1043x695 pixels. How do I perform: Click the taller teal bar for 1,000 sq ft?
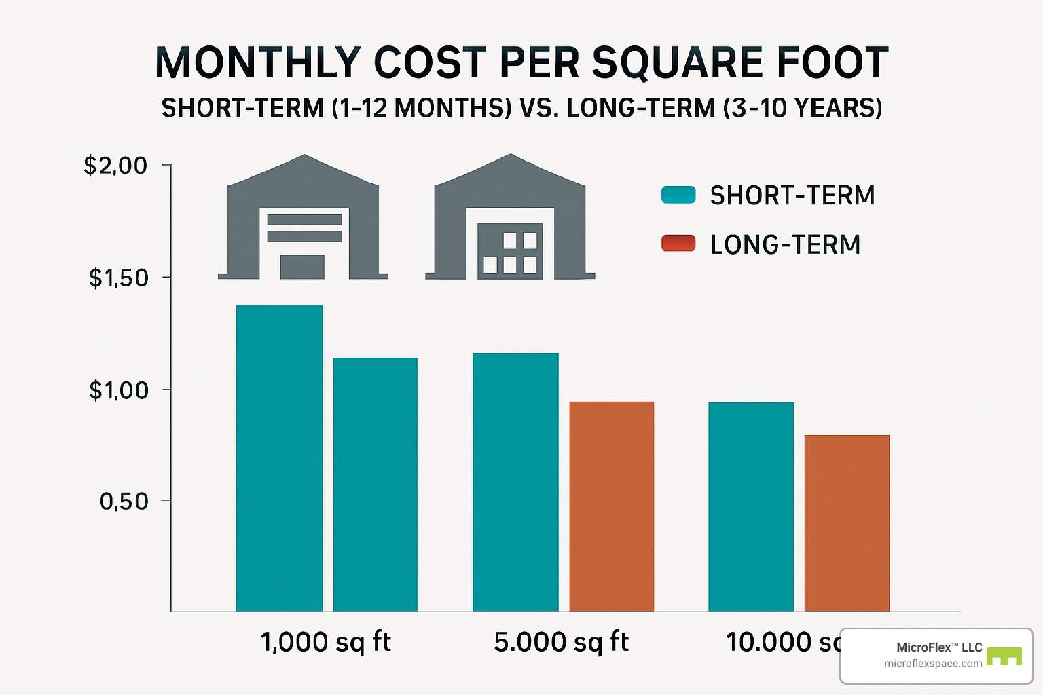click(279, 458)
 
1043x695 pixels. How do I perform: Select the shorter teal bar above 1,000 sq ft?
click(375, 484)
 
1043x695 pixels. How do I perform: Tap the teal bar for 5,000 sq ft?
click(515, 482)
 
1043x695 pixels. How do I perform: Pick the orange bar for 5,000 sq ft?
click(611, 506)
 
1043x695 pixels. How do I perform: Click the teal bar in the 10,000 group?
click(750, 506)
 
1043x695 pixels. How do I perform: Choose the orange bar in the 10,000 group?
click(847, 523)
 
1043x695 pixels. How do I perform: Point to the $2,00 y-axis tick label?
click(115, 166)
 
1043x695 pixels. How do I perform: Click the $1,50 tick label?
click(118, 278)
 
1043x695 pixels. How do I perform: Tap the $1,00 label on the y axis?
click(118, 390)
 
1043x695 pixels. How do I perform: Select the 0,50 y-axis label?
click(124, 502)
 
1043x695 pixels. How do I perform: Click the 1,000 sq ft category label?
click(326, 642)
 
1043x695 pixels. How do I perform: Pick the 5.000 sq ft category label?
click(562, 642)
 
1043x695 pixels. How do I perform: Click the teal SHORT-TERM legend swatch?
click(678, 195)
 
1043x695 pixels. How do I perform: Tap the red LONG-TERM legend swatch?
click(678, 244)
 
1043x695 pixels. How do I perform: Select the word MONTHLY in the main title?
click(257, 63)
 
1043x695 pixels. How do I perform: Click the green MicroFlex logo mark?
click(1004, 656)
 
